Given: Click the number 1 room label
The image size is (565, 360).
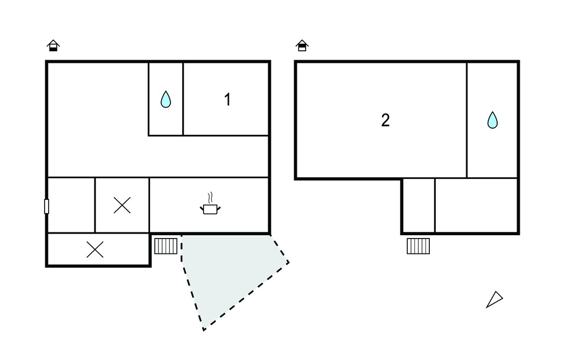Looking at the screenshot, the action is (x=227, y=99).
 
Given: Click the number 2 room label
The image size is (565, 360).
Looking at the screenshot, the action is (x=385, y=120).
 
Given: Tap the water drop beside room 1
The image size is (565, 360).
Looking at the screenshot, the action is (x=166, y=99).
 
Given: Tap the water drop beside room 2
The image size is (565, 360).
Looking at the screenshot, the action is (x=493, y=120).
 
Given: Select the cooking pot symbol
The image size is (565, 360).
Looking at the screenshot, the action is (x=210, y=209).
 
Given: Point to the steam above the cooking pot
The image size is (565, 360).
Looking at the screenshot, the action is (x=210, y=198).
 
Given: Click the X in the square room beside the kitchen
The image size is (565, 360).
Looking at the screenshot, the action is (x=122, y=205).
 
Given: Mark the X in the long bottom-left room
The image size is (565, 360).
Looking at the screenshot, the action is (x=95, y=250).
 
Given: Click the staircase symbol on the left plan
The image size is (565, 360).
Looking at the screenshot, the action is (x=166, y=246).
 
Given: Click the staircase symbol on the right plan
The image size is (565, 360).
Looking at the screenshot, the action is (x=418, y=246).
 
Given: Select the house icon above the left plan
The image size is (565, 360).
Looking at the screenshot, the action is (x=54, y=45).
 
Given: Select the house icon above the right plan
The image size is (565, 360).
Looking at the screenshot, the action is (x=302, y=45).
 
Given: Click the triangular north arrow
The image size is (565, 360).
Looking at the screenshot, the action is (x=494, y=299).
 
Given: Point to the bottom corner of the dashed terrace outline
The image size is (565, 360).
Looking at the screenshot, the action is (x=204, y=330).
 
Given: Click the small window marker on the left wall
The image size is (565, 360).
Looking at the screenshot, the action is (x=46, y=207).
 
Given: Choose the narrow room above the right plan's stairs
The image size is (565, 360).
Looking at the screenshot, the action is (x=419, y=205).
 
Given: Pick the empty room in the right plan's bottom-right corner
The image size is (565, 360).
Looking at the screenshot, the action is (x=476, y=205).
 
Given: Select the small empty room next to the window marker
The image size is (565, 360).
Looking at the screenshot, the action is (x=71, y=205).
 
